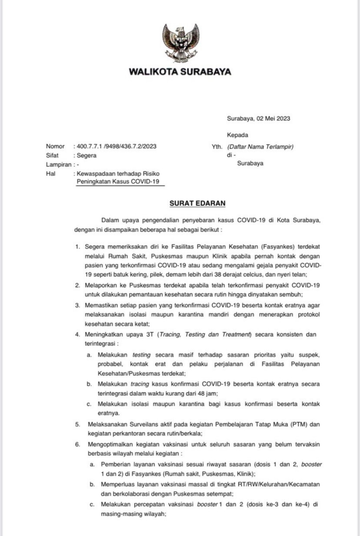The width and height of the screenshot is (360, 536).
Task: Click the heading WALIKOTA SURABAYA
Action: pyautogui.click(x=180, y=72)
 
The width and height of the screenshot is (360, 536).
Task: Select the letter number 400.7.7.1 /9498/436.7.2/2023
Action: pyautogui.click(x=117, y=146)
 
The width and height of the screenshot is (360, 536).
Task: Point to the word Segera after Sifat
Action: pyautogui.click(x=87, y=155)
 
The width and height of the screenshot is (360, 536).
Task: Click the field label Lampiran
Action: pyautogui.click(x=59, y=165)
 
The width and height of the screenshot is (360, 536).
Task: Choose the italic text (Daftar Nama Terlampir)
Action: pyautogui.click(x=260, y=146)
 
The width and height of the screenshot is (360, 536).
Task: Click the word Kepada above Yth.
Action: pyautogui.click(x=237, y=135)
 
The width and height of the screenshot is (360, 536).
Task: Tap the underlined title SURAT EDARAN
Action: pyautogui.click(x=197, y=203)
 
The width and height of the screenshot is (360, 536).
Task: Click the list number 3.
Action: pyautogui.click(x=77, y=305)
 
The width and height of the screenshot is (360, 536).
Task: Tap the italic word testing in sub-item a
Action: pyautogui.click(x=141, y=355)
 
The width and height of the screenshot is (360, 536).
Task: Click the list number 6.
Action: pyautogui.click(x=77, y=444)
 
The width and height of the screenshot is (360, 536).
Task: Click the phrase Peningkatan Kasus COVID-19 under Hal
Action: pyautogui.click(x=118, y=182)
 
